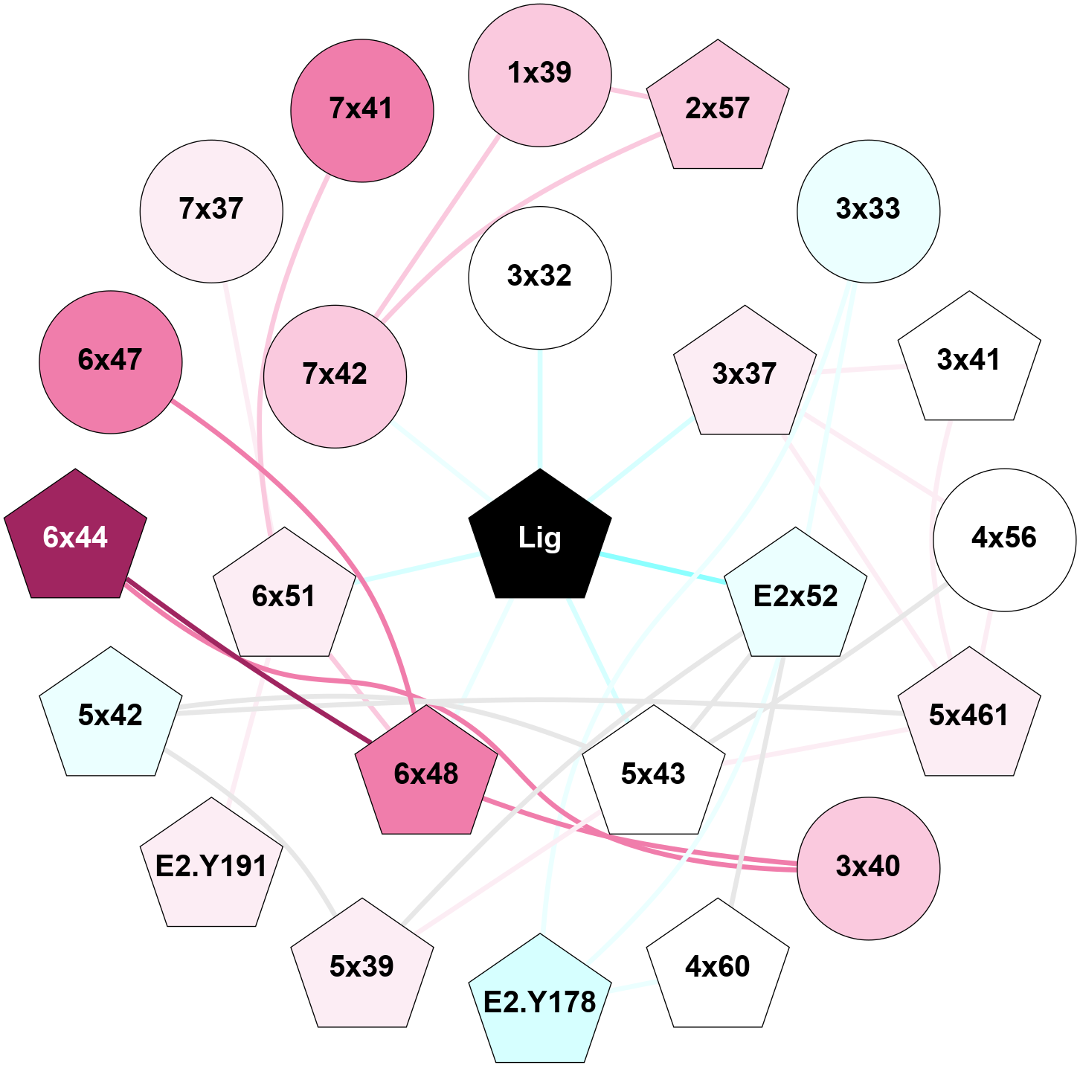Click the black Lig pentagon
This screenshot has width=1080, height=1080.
pos(540,538)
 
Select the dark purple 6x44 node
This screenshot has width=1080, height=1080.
pos(75,538)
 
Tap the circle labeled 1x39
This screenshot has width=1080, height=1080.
pos(540,74)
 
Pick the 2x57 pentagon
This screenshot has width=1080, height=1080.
pos(718,109)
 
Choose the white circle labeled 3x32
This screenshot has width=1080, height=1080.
pos(540,277)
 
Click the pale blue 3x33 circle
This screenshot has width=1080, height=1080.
pos(868,210)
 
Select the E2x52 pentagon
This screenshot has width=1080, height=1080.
pos(796,597)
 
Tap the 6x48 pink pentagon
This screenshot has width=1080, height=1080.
pos(426,774)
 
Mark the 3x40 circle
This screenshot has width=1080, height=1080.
pos(868,867)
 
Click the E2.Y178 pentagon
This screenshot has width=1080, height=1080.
pos(540,1003)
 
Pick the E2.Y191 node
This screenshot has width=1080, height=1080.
pos(212,867)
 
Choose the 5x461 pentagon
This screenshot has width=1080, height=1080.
pos(968,716)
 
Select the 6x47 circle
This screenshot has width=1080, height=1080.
pos(110,361)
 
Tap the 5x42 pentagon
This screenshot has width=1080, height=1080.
pos(110,716)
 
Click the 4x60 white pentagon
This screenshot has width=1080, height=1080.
pos(718,967)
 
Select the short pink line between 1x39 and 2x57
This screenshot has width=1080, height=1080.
pos(629,93)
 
